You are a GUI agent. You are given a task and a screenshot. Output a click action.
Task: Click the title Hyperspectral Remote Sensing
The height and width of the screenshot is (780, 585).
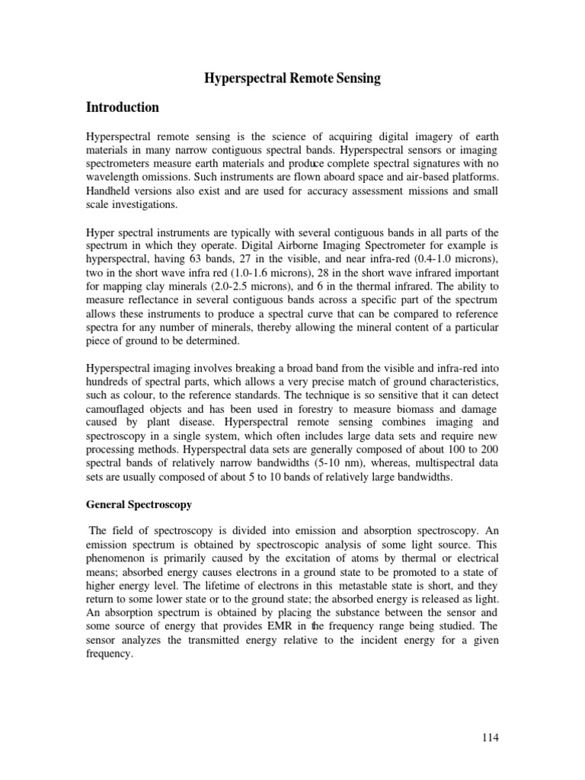292,79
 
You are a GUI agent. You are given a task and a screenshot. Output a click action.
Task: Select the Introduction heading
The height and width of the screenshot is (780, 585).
123,107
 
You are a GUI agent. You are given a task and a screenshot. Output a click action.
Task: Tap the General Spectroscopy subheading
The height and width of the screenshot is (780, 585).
139,505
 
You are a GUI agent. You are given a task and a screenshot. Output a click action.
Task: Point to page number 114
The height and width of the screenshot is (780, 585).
489,737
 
